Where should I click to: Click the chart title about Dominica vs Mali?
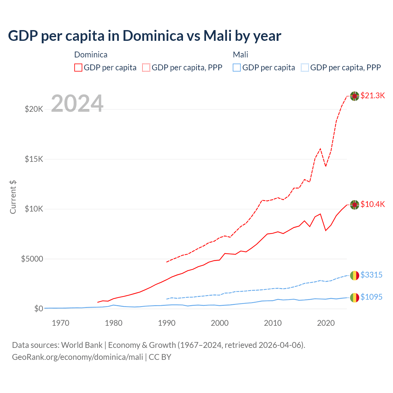(x=144, y=36)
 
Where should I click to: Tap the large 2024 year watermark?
(x=77, y=104)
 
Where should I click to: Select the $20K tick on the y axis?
(x=34, y=109)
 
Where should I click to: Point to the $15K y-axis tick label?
(x=34, y=159)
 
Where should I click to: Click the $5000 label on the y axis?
(x=32, y=259)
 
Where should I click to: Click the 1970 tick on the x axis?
(x=60, y=323)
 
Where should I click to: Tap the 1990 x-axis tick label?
(x=167, y=323)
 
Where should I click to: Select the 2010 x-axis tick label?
(x=273, y=323)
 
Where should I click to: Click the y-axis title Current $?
(x=13, y=197)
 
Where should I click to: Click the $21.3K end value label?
(x=372, y=96)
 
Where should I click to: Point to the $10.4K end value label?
(x=372, y=204)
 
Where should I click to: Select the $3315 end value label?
(x=371, y=275)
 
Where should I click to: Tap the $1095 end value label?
(x=371, y=297)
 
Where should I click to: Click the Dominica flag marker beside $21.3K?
(x=355, y=96)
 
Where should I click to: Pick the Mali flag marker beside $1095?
(x=355, y=298)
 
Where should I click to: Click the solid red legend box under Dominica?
(x=78, y=68)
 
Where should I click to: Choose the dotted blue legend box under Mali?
(x=305, y=68)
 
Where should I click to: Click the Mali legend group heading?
(x=240, y=55)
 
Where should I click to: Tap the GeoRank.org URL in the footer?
(x=77, y=357)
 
